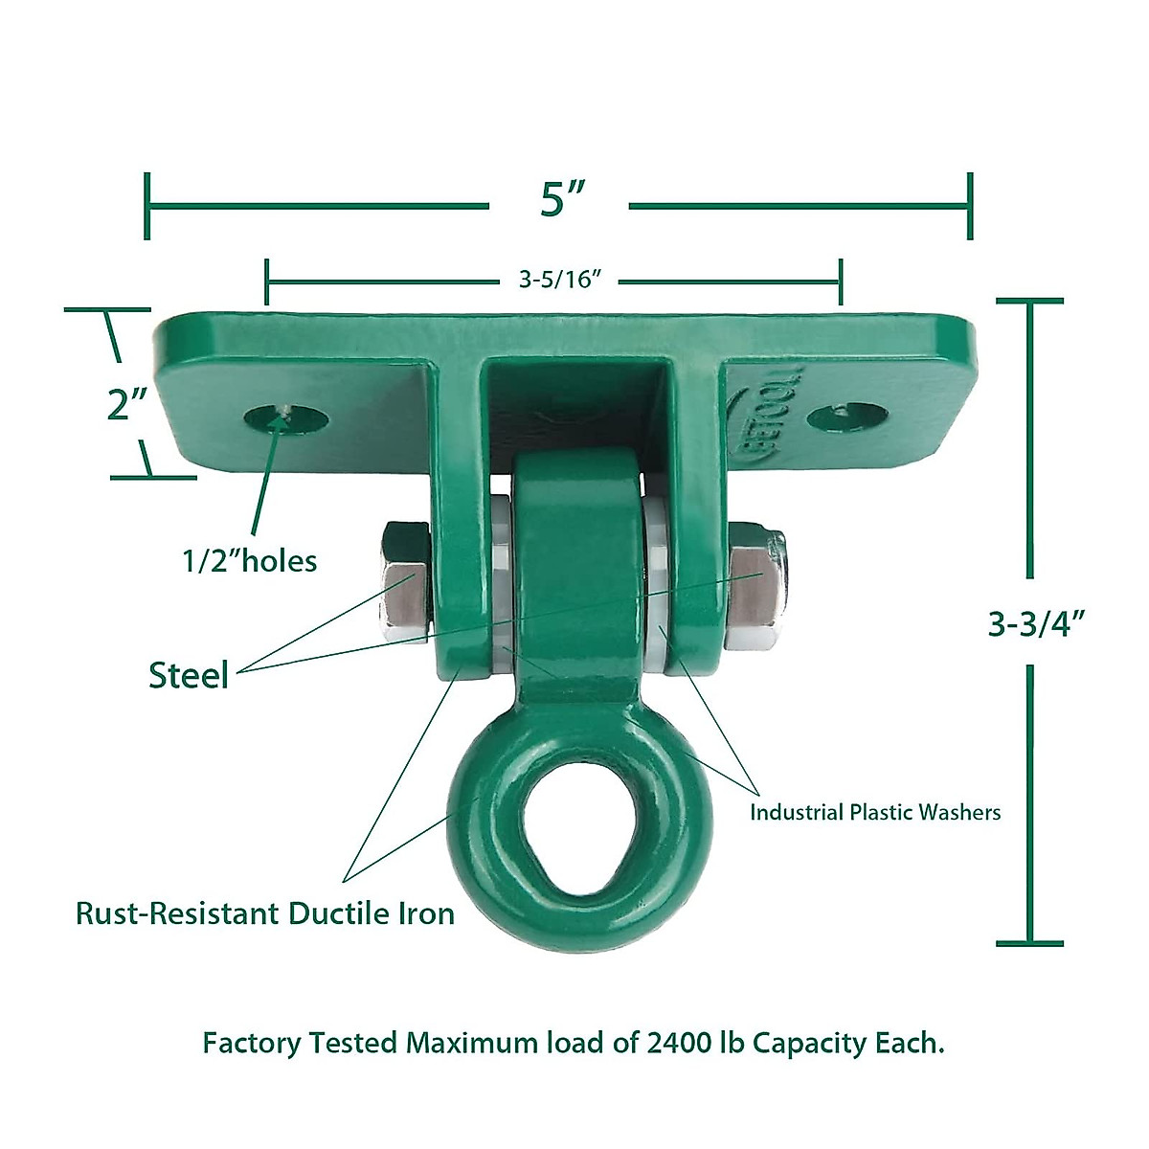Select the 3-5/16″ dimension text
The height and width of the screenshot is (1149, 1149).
click(x=559, y=280)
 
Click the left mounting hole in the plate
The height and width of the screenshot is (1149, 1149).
click(x=285, y=418)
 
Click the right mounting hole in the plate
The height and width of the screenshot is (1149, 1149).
click(x=846, y=418)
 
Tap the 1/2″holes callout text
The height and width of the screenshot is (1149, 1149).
click(x=250, y=560)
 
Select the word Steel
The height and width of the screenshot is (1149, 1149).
click(x=189, y=676)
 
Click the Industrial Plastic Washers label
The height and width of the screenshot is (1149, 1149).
click(x=874, y=813)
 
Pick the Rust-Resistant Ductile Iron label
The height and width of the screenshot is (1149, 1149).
click(x=265, y=913)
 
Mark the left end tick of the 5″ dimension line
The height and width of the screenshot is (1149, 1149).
click(x=146, y=205)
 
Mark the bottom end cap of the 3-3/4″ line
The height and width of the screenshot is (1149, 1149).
click(x=1029, y=942)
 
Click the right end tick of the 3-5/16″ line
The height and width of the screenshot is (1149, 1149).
click(x=841, y=282)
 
